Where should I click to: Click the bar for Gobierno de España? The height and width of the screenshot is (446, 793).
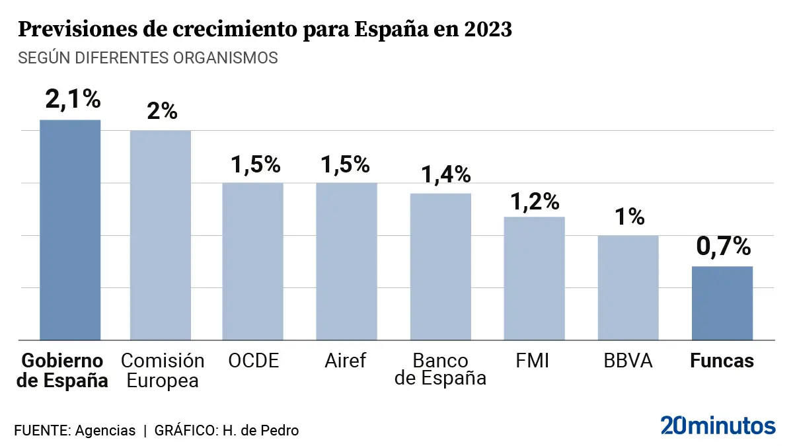tap(70, 230)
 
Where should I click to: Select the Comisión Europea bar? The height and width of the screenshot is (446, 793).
tap(160, 235)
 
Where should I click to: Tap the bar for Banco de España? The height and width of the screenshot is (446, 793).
tap(441, 266)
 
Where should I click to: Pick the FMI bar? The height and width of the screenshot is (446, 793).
tap(534, 278)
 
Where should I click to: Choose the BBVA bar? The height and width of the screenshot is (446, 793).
tap(628, 287)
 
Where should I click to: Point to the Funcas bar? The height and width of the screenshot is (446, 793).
tap(722, 303)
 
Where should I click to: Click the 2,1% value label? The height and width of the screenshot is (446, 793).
tap(73, 100)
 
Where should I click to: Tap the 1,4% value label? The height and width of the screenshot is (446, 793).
tap(447, 174)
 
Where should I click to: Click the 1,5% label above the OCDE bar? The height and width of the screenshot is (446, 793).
tap(256, 164)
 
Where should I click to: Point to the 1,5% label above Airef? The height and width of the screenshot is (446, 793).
tap(346, 164)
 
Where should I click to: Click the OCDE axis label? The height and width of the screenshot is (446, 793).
tap(254, 361)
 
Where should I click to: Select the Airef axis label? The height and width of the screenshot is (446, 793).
tap(345, 361)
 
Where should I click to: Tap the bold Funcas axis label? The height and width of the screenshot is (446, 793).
tap(722, 361)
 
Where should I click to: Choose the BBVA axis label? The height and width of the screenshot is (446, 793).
tap(628, 361)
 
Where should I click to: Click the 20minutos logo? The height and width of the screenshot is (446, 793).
tap(718, 425)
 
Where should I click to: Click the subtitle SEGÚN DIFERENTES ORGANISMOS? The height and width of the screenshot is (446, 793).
tap(148, 57)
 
